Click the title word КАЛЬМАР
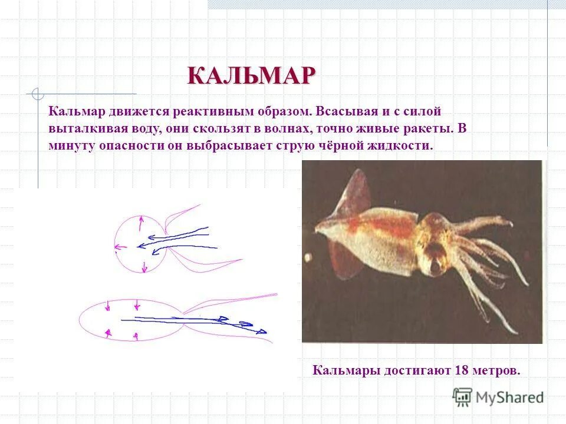(252, 76)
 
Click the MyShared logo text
(510, 397)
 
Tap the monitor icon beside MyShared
(463, 397)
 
